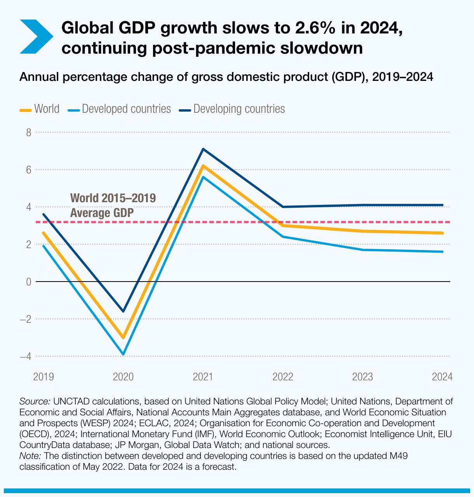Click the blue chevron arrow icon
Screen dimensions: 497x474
pos(36,37)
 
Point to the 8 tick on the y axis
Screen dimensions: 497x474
pos(28,133)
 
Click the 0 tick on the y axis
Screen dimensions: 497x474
pos(28,282)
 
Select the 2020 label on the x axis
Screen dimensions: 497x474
pos(123,377)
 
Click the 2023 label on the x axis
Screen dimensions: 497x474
pos(362,377)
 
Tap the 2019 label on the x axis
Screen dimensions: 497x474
pos(44,377)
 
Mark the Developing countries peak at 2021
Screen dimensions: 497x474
pos(203,149)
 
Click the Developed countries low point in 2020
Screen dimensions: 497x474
pos(123,354)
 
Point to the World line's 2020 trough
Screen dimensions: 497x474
pos(123,337)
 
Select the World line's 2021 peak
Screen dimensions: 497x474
pos(203,166)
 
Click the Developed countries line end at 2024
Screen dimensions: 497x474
pos(442,252)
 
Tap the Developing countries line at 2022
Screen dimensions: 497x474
pos(283,207)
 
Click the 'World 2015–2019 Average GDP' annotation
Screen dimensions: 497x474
pos(113,205)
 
